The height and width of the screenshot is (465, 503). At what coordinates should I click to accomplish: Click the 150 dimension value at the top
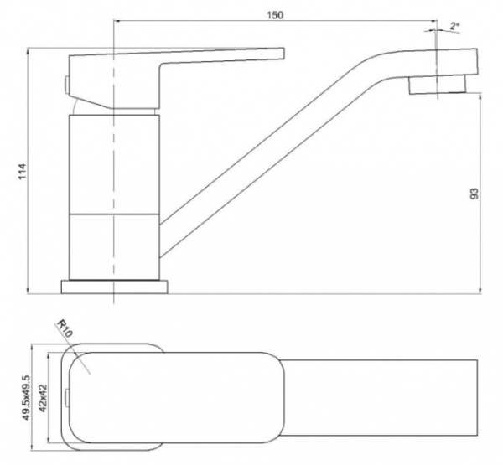[275, 15]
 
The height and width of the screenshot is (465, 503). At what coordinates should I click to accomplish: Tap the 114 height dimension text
[22, 171]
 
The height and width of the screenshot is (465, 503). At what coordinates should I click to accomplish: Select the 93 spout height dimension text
[474, 194]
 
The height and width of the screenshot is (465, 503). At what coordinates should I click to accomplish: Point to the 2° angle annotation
[454, 26]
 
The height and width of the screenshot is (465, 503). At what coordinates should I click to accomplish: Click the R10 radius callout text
[65, 328]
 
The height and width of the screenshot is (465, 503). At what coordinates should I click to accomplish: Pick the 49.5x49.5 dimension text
[26, 398]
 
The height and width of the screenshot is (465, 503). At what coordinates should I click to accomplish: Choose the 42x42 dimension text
[43, 398]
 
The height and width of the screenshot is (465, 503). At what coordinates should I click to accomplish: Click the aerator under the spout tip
[437, 85]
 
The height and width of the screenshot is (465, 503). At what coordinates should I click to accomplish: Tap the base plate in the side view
[115, 287]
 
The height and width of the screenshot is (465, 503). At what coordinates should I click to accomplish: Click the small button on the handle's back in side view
[66, 85]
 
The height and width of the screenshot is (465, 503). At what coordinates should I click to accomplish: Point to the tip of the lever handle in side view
[284, 54]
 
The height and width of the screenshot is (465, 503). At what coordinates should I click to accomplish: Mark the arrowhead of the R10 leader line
[76, 354]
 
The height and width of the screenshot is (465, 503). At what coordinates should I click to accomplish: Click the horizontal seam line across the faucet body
[114, 214]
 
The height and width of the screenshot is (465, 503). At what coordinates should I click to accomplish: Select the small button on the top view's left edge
[67, 398]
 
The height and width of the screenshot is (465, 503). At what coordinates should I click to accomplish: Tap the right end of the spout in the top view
[477, 398]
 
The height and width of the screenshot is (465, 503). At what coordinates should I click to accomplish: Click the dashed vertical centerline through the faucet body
[113, 160]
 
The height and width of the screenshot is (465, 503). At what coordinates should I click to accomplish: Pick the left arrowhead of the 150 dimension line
[117, 21]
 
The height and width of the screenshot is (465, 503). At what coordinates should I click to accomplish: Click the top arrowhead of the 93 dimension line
[480, 96]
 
